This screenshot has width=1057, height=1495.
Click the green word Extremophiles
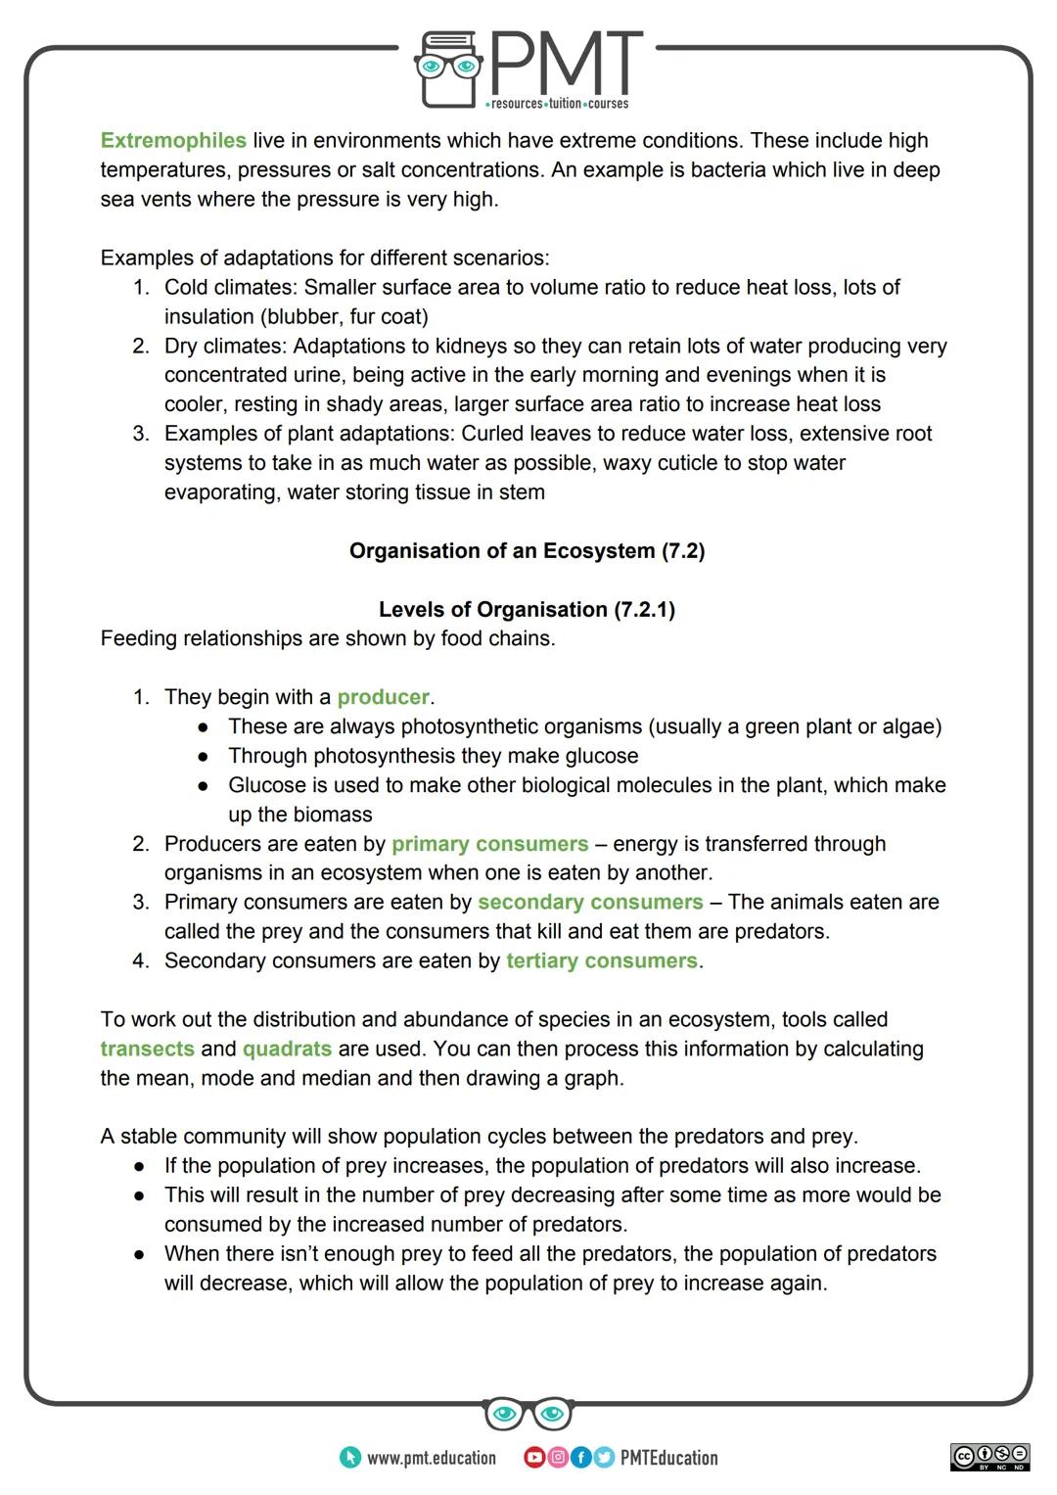[x=173, y=141]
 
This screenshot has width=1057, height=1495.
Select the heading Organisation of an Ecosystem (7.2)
[x=527, y=551]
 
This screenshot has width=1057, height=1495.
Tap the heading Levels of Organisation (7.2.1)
[x=527, y=610]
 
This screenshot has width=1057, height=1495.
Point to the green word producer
[x=383, y=698]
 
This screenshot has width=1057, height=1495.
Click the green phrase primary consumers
[x=489, y=844]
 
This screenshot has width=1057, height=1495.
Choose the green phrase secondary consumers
[x=590, y=903]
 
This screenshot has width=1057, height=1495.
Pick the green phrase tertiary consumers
[x=602, y=961]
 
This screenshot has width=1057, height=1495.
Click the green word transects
[x=147, y=1050]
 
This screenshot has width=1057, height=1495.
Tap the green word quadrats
[x=287, y=1050]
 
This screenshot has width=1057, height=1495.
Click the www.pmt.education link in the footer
[x=431, y=1458]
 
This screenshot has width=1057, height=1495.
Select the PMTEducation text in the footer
[x=668, y=1458]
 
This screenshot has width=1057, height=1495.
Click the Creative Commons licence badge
[x=989, y=1457]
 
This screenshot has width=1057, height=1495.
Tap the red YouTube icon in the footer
[x=534, y=1458]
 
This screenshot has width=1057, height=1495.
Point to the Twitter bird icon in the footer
[x=603, y=1458]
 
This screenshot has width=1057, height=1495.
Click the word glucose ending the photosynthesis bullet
[x=602, y=757]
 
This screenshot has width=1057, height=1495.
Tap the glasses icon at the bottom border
[x=528, y=1414]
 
